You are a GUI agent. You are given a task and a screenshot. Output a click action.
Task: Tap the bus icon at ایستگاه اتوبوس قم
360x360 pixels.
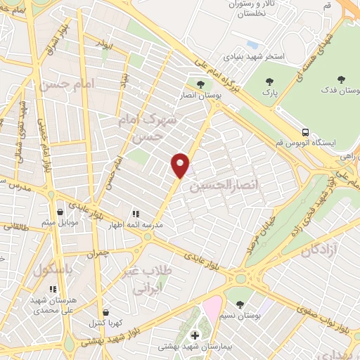305,131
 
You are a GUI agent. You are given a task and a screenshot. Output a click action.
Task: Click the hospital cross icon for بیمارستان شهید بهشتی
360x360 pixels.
195,335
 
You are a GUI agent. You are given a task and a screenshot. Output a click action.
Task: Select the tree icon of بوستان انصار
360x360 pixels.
200,85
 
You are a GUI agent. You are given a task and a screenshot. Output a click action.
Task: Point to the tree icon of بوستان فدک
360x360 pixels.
342,79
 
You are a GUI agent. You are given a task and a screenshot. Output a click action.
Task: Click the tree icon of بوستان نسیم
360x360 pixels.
240,304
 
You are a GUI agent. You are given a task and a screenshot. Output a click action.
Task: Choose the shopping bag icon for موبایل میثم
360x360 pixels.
61,212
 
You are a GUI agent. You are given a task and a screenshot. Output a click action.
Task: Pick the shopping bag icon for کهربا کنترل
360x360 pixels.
105,312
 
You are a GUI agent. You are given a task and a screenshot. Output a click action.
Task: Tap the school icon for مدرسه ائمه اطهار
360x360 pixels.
136,214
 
